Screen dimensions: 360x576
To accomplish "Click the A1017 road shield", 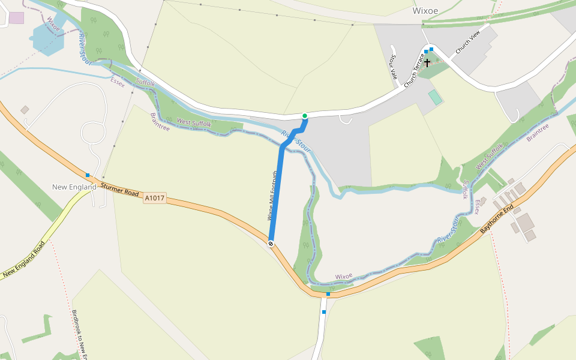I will point(154,197).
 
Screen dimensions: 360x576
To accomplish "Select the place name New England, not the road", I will point(74,187).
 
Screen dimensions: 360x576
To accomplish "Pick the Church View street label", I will point(468,43).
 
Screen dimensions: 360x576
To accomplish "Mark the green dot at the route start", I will point(305,116).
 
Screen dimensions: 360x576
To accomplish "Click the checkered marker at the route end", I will point(271,243).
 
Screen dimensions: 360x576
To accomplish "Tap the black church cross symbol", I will point(427,62).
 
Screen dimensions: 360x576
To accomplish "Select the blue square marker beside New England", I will point(88,175).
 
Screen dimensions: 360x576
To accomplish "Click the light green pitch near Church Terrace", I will point(434,97).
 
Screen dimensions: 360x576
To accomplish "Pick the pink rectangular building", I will point(16,17).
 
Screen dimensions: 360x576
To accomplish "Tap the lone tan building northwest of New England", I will point(25,110).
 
